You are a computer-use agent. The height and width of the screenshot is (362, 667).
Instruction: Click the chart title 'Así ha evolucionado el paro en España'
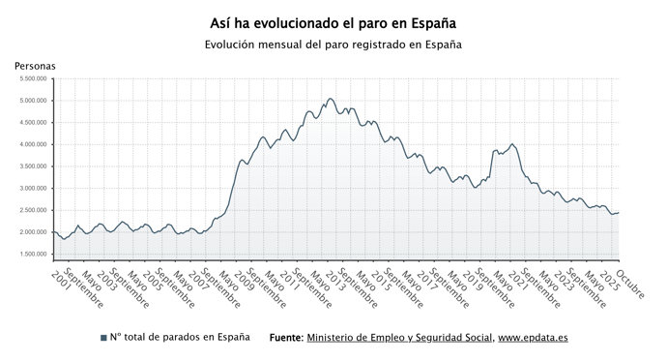point(333,21)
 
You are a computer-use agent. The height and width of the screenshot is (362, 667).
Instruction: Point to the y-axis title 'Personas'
point(35,65)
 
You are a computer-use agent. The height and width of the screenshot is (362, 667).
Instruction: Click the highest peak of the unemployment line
point(330,99)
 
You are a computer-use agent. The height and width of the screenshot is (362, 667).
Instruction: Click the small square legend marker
point(103,338)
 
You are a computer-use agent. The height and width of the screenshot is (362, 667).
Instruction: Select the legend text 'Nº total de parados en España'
point(179,338)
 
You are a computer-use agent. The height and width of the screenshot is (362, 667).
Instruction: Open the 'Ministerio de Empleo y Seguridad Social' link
point(398,338)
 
